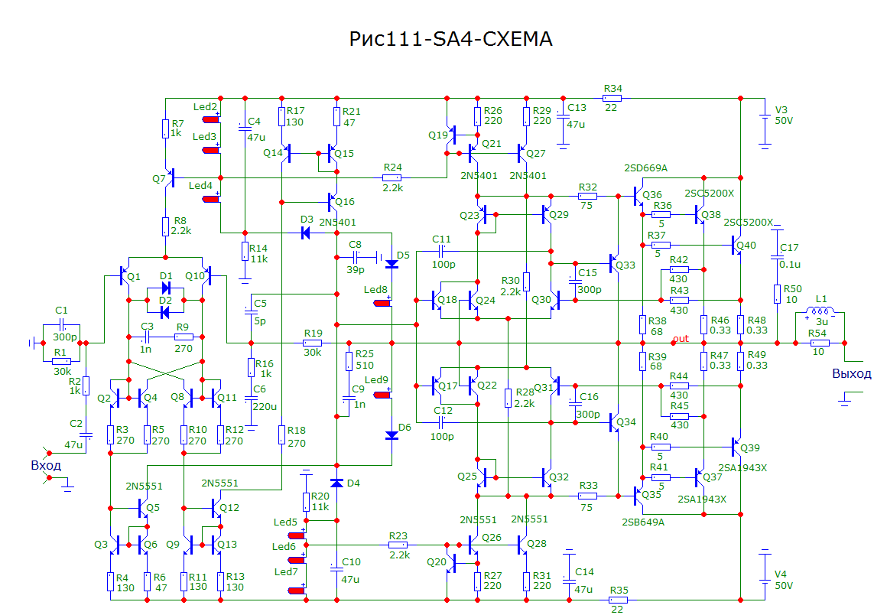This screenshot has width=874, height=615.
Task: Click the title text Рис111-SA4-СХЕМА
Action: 450,39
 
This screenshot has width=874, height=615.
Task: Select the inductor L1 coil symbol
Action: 820,312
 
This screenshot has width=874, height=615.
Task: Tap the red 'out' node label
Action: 681,339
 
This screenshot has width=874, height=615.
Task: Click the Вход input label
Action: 45,465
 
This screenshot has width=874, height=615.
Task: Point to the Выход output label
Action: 851,373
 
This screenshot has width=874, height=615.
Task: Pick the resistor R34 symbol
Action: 612,98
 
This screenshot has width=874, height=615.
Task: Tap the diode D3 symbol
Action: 306,233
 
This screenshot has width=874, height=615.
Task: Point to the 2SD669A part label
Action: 646,168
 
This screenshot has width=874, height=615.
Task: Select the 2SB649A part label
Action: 642,522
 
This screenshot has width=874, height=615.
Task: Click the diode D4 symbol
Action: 336,483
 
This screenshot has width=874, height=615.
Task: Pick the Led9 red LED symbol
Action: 382,395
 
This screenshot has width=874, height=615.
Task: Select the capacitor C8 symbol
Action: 356,257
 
